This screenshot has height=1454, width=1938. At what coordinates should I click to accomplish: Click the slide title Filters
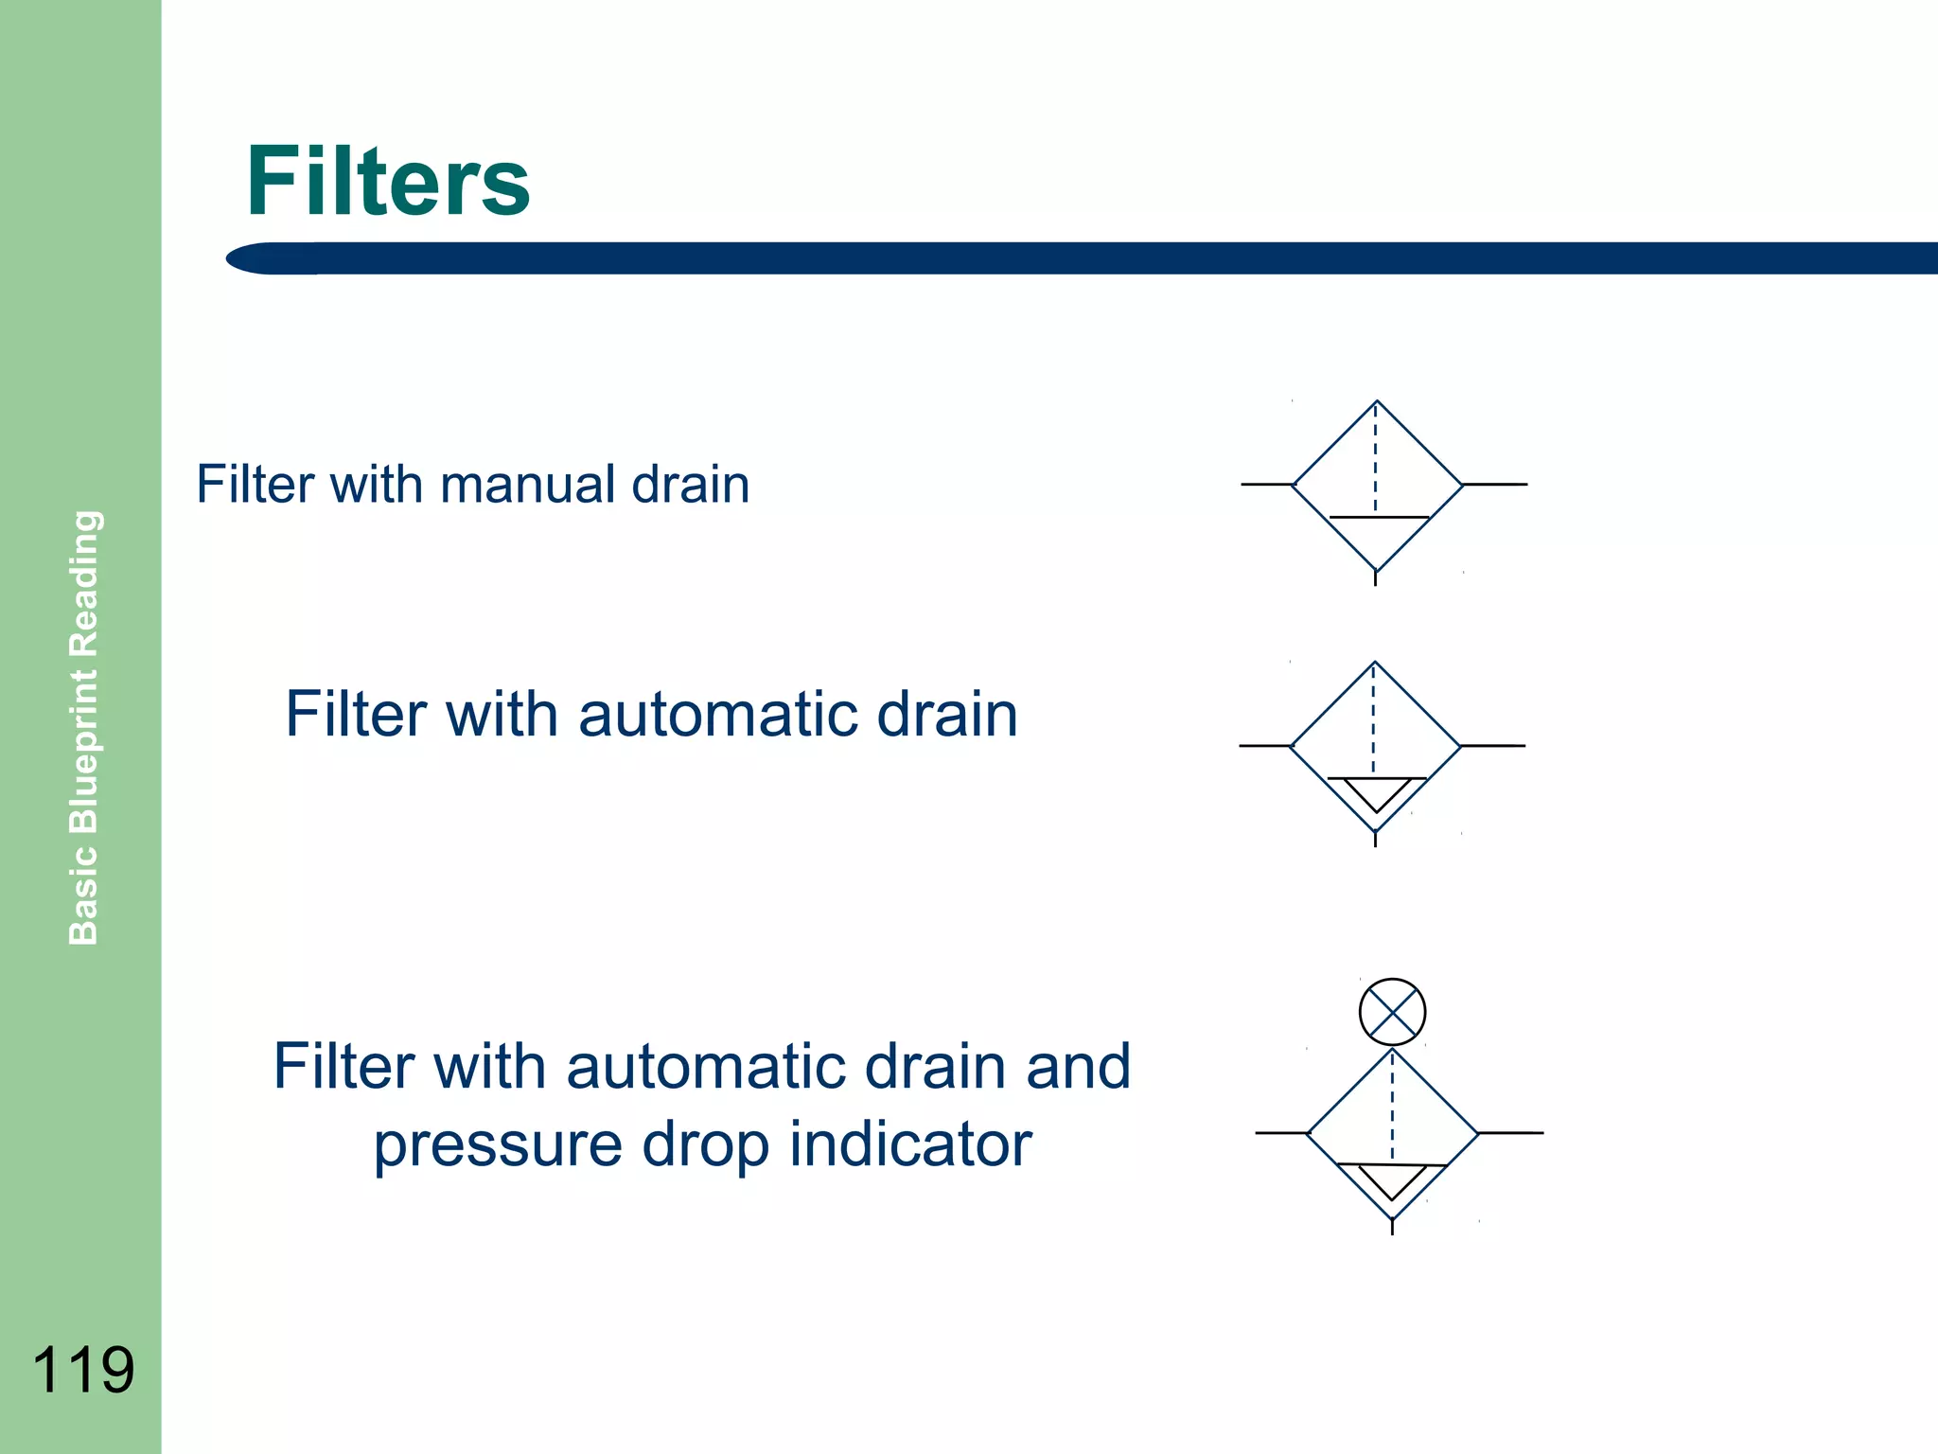388,182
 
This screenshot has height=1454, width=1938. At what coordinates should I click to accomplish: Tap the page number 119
83,1370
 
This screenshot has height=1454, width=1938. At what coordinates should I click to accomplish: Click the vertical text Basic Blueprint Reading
84,727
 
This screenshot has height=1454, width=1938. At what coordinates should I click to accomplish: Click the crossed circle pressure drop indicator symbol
1392,1012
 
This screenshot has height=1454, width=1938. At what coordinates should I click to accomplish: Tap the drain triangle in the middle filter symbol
1376,791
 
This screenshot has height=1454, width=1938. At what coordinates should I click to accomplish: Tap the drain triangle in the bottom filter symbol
1392,1179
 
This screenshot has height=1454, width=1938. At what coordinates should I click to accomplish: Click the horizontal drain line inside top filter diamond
1379,517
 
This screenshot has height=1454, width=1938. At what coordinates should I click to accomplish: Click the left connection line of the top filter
1266,485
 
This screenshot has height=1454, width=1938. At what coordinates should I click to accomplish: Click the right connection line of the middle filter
1493,746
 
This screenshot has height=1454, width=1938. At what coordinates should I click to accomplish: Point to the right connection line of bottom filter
1511,1132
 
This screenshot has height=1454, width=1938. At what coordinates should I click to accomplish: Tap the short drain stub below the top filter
1375,577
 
